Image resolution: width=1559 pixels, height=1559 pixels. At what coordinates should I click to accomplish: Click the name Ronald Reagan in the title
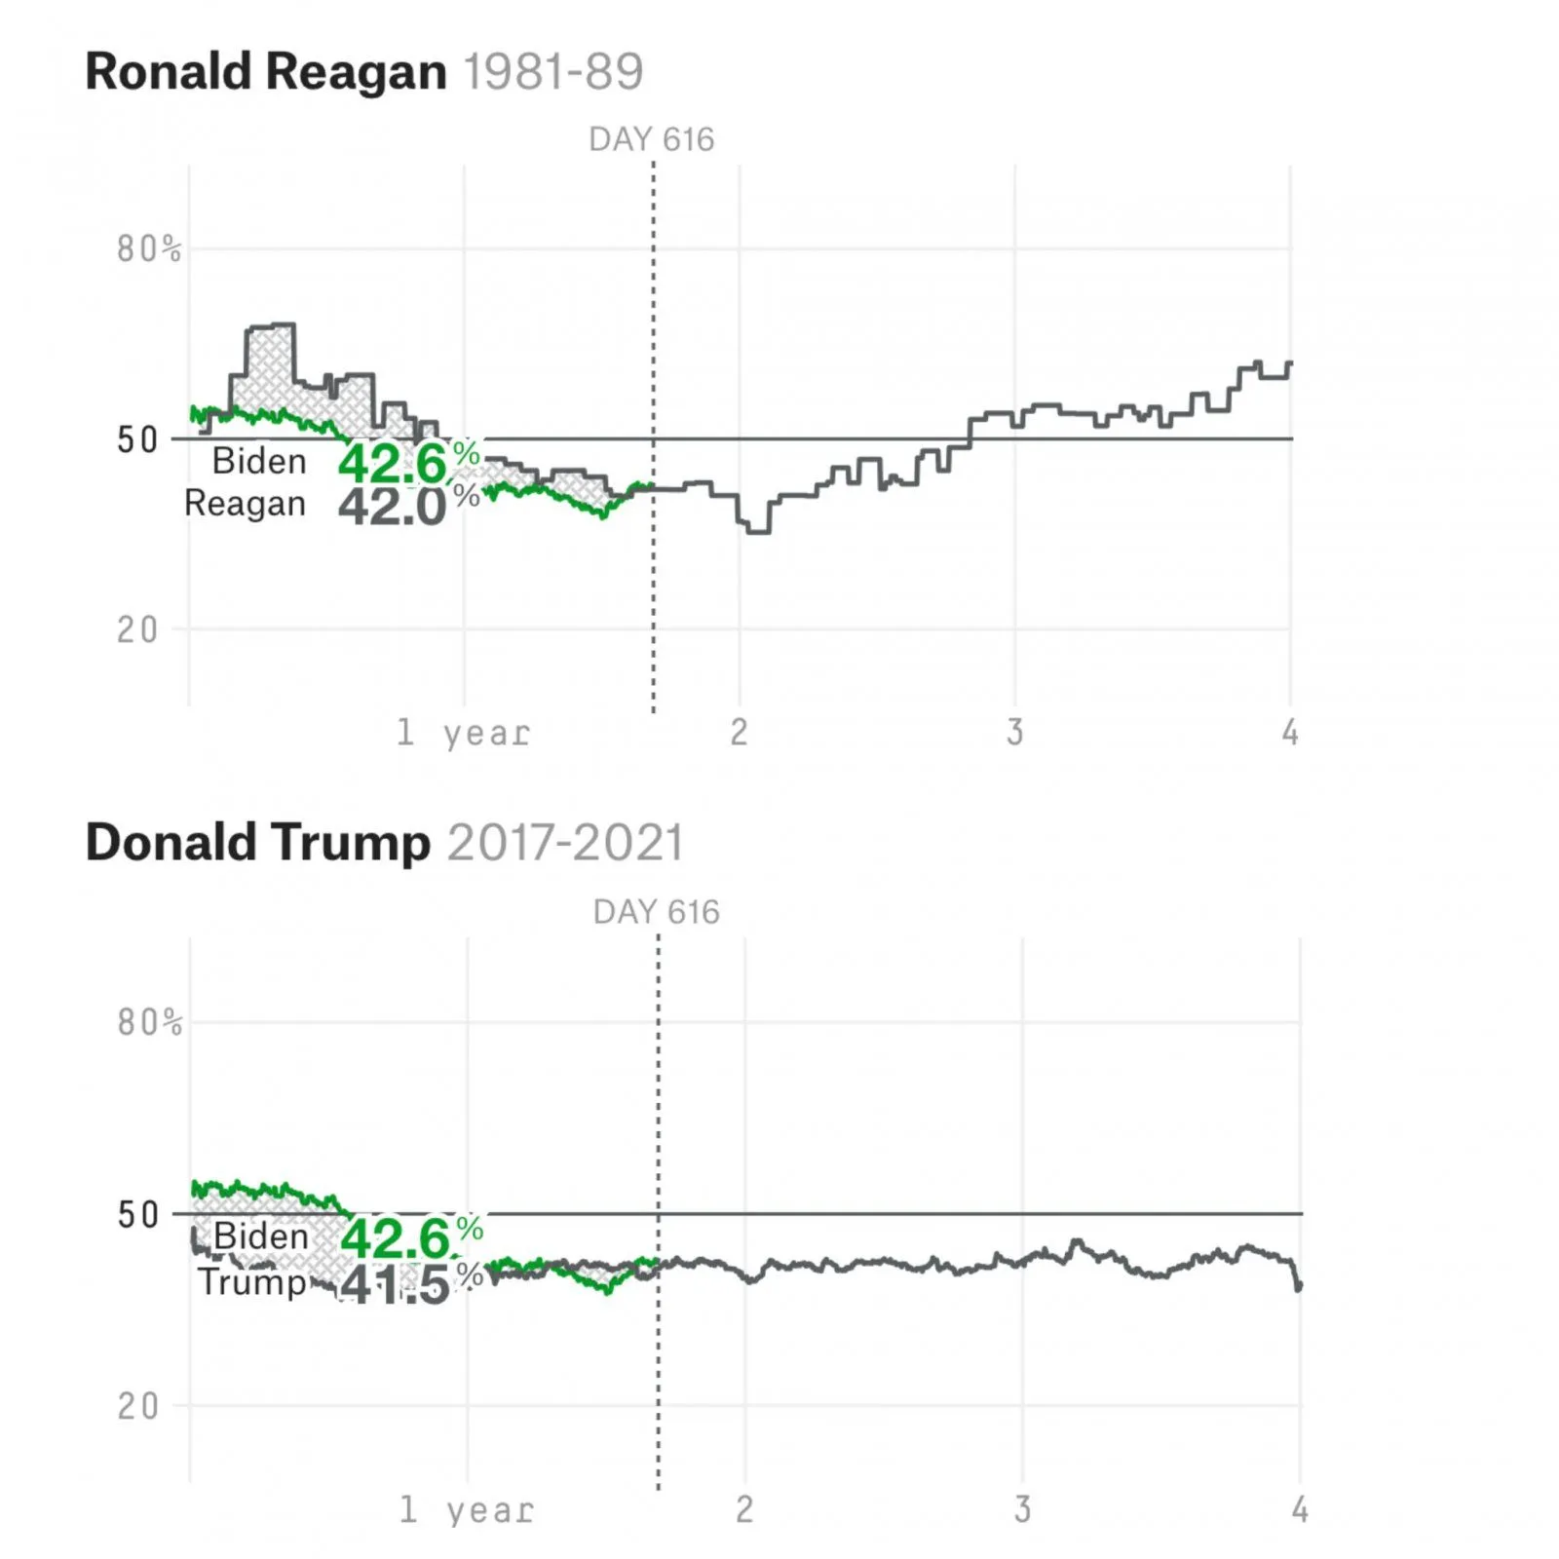[x=265, y=72]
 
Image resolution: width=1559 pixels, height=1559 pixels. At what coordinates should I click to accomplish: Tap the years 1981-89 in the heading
[x=552, y=72]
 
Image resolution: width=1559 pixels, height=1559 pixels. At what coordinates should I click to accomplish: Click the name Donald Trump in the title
[x=257, y=843]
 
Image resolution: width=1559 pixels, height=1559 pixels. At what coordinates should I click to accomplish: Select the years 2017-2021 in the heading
[x=565, y=843]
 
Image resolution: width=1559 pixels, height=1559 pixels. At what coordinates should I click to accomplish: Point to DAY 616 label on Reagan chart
[x=651, y=140]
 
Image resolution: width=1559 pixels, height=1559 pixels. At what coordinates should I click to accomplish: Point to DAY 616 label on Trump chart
[x=656, y=912]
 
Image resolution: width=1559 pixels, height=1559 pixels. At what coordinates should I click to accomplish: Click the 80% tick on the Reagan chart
[x=149, y=249]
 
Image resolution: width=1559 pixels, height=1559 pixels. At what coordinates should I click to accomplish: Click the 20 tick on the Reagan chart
[x=137, y=630]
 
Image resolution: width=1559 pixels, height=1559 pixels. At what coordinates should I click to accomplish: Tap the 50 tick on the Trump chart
[x=137, y=1215]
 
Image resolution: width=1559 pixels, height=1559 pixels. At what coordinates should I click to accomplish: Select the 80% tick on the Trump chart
[x=149, y=1022]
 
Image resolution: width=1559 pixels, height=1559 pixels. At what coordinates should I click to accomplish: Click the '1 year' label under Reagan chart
[x=464, y=733]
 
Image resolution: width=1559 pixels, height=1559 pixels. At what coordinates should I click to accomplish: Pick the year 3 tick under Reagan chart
[x=1015, y=733]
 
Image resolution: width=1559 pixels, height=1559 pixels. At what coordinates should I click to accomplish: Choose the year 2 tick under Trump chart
[x=744, y=1509]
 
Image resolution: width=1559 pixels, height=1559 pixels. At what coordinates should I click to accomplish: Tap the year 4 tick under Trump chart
[x=1300, y=1509]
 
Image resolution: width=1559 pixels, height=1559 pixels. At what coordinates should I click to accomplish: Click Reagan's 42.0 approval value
[x=394, y=507]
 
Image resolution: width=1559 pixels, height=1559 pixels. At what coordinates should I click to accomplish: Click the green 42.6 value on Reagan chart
[x=394, y=463]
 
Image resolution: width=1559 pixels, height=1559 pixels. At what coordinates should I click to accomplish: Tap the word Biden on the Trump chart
[x=260, y=1236]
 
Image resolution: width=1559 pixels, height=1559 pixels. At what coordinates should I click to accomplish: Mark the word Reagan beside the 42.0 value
[x=245, y=504]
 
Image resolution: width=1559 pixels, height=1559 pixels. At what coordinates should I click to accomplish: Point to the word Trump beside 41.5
[x=252, y=1281]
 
